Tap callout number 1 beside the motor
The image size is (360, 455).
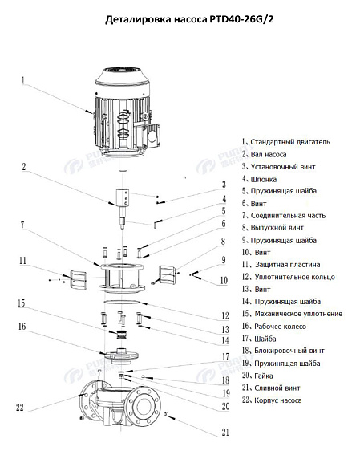click(x=23, y=80)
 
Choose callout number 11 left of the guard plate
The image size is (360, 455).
click(x=23, y=260)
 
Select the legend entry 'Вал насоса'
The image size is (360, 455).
click(x=273, y=153)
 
